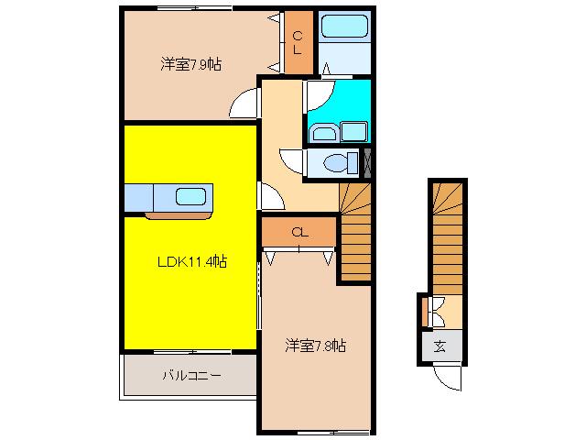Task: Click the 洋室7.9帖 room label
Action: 191,64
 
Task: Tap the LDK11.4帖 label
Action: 192,261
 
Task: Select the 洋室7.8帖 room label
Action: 315,346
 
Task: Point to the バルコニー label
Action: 191,375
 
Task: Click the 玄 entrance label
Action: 439,346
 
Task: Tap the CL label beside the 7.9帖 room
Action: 298,43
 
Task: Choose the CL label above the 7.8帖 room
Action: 299,232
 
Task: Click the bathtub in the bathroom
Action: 344,26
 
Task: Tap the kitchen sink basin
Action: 190,196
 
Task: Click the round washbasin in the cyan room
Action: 324,133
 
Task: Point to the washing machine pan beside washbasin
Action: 353,132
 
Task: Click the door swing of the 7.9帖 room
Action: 243,103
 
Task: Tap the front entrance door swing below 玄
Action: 448,379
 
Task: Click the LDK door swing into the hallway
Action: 272,196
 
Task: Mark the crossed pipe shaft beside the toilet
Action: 367,163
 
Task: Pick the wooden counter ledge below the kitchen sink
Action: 179,215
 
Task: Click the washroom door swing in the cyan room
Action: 320,95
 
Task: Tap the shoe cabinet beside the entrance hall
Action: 425,311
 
